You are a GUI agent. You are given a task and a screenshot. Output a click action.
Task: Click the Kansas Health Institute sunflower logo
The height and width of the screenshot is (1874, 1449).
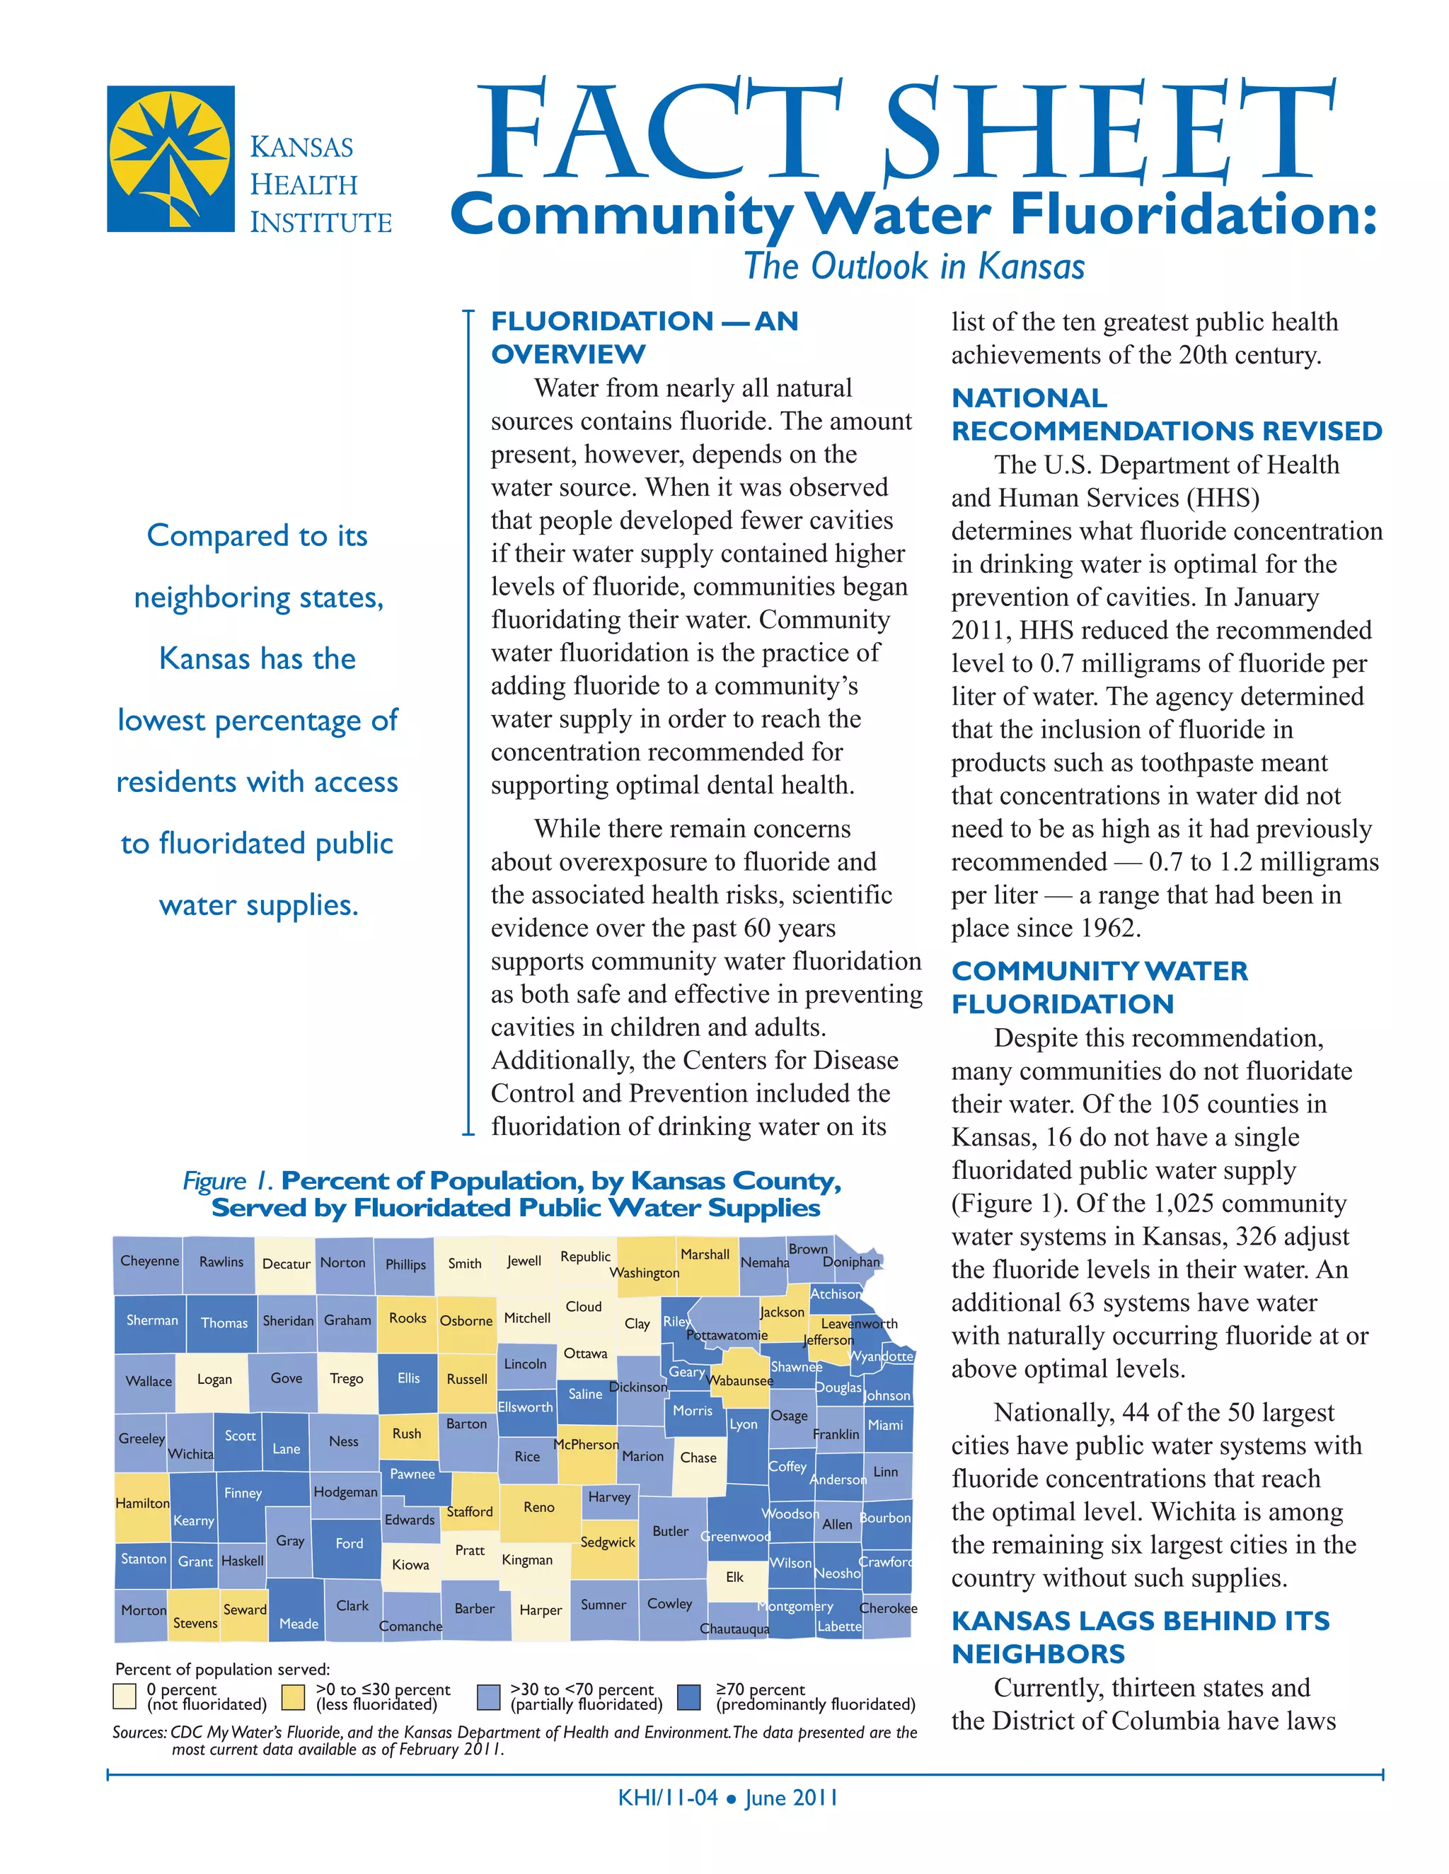pyautogui.click(x=170, y=158)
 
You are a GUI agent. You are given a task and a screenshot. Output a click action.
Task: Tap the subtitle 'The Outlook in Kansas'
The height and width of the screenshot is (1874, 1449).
pyautogui.click(x=913, y=266)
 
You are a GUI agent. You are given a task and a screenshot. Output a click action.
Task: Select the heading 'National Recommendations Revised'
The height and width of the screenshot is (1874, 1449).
pyautogui.click(x=1166, y=414)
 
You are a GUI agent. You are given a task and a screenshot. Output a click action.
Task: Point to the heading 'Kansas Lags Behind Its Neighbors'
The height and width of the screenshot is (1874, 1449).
pyautogui.click(x=1140, y=1637)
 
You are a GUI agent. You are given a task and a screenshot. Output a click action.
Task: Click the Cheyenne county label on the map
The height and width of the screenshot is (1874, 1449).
pyautogui.click(x=149, y=1260)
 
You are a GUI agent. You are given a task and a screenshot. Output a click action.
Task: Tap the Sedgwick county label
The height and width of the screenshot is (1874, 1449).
pyautogui.click(x=608, y=1542)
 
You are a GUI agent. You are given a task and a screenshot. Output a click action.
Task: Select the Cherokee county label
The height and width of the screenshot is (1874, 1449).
pyautogui.click(x=888, y=1608)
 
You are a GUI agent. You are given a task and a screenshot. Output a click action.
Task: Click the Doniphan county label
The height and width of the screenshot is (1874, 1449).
pyautogui.click(x=850, y=1262)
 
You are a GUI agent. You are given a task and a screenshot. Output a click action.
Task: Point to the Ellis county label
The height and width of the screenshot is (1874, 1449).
pyautogui.click(x=409, y=1378)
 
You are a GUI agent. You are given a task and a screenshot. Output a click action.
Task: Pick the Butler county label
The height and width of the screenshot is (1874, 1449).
pyautogui.click(x=671, y=1531)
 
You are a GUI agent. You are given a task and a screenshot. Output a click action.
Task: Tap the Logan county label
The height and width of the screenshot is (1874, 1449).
pyautogui.click(x=214, y=1379)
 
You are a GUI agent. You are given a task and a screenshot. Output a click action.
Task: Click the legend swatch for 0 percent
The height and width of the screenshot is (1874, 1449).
pyautogui.click(x=125, y=1697)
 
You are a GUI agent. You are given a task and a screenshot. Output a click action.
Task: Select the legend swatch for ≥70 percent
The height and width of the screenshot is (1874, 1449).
pyautogui.click(x=688, y=1697)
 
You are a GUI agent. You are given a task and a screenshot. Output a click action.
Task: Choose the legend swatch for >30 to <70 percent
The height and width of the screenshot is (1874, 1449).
pyautogui.click(x=488, y=1697)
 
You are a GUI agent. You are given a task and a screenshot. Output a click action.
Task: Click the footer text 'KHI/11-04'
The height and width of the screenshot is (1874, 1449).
pyautogui.click(x=667, y=1798)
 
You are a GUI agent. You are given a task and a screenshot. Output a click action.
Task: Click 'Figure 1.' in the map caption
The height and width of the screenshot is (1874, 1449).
pyautogui.click(x=228, y=1181)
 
